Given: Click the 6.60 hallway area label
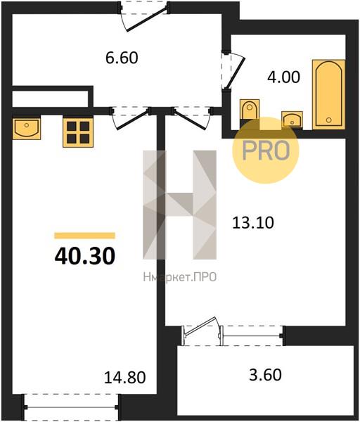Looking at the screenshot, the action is tap(122, 58).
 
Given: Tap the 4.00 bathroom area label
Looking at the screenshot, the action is tap(283, 77).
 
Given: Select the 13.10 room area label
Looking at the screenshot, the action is tap(253, 222).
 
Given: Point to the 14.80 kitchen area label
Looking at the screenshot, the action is tap(125, 377).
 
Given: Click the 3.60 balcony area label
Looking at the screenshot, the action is tap(265, 375).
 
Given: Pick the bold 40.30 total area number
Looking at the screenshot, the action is tap(85, 256).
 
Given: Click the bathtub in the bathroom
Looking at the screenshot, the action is tap(328, 94).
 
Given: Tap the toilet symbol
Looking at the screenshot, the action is tap(250, 110).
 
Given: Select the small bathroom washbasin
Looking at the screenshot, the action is tap(292, 120).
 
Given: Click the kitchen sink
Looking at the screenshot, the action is tap(27, 129).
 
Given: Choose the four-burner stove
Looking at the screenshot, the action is tap(78, 133).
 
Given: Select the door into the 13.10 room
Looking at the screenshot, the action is tap(191, 118).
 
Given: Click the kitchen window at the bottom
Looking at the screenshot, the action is tap(71, 407).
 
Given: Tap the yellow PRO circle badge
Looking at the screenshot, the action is tap(266, 151).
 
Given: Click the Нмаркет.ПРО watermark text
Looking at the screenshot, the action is tap(180, 277).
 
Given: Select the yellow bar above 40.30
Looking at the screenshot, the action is tap(85, 236).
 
